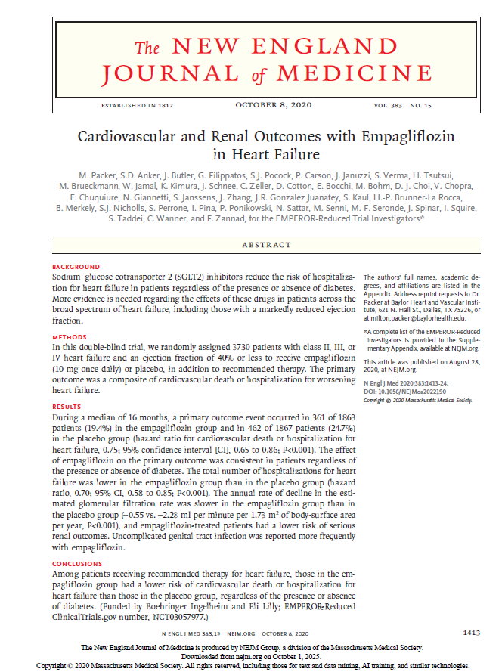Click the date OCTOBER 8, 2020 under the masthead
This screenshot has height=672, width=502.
tap(273, 104)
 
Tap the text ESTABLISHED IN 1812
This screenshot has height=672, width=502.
tap(139, 105)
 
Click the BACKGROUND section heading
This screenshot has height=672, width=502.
tap(76, 268)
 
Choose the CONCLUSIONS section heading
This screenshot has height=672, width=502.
tap(77, 565)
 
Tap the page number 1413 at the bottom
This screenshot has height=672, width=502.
tap(472, 632)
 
